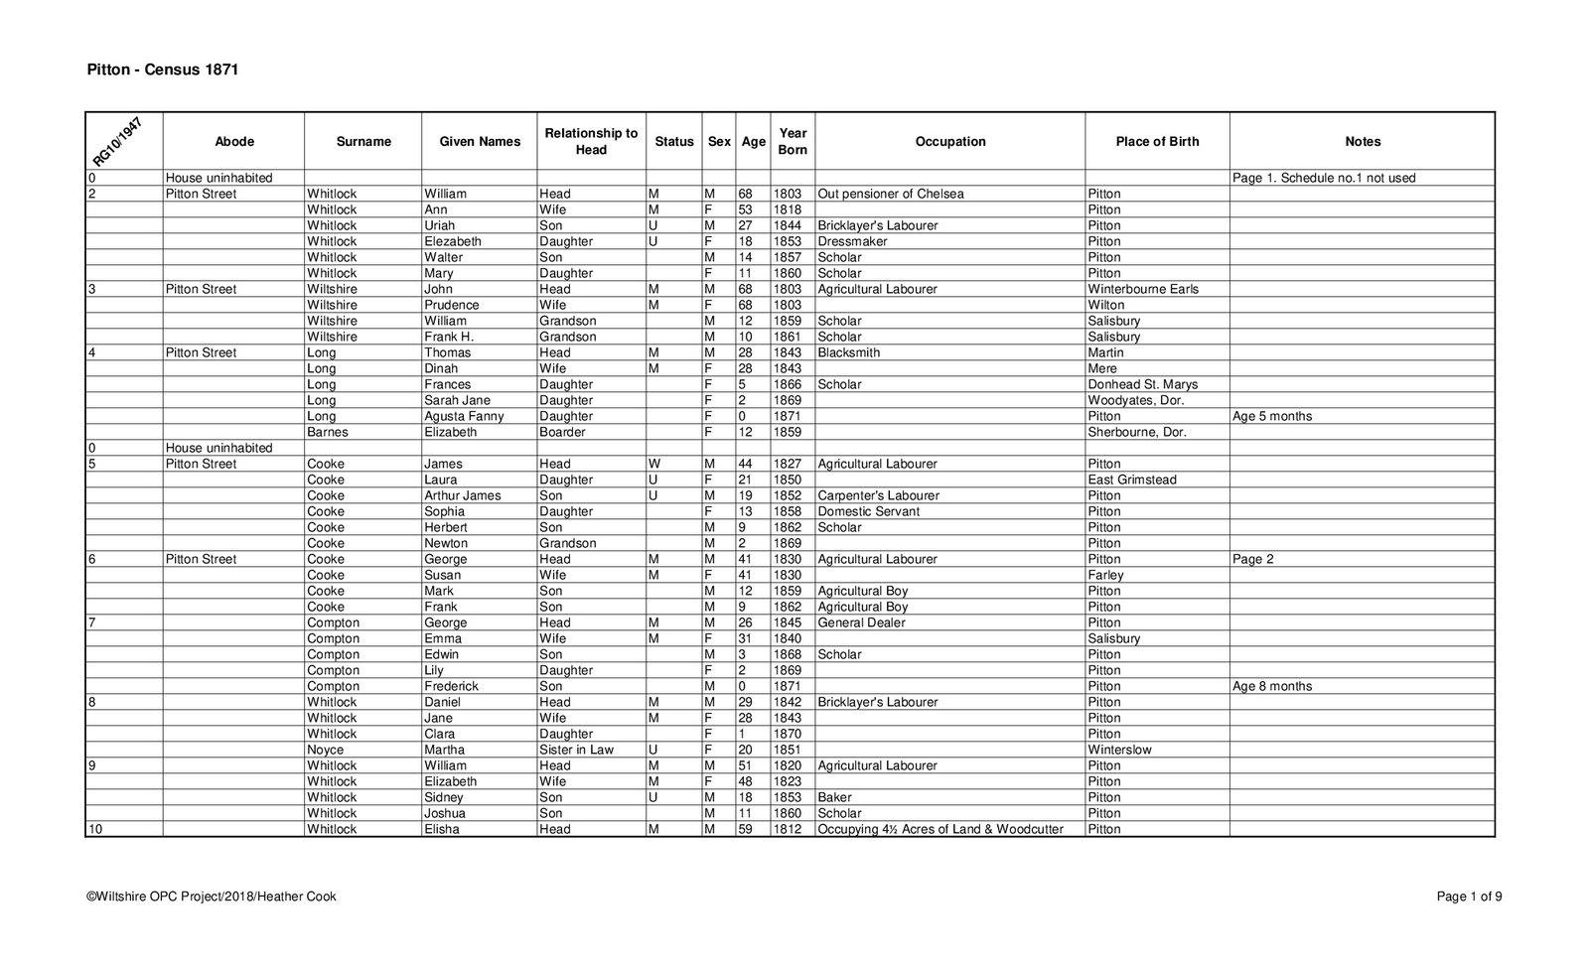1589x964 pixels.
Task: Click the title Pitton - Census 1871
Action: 163,70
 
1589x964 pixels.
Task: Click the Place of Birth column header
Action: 1157,142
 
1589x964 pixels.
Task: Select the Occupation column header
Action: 949,142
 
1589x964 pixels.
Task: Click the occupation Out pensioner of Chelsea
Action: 890,195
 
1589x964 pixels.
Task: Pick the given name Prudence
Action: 451,306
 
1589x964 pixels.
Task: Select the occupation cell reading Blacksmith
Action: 848,353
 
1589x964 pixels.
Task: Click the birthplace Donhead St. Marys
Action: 1142,385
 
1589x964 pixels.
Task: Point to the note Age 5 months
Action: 1271,417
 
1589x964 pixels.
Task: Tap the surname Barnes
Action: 327,433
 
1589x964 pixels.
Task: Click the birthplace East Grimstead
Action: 1132,481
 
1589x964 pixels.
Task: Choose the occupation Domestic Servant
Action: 868,512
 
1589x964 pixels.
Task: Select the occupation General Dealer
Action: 861,623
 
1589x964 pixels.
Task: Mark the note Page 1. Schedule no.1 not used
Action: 1324,179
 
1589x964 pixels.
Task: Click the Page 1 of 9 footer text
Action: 1469,897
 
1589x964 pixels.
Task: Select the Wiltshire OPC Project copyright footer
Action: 212,897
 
